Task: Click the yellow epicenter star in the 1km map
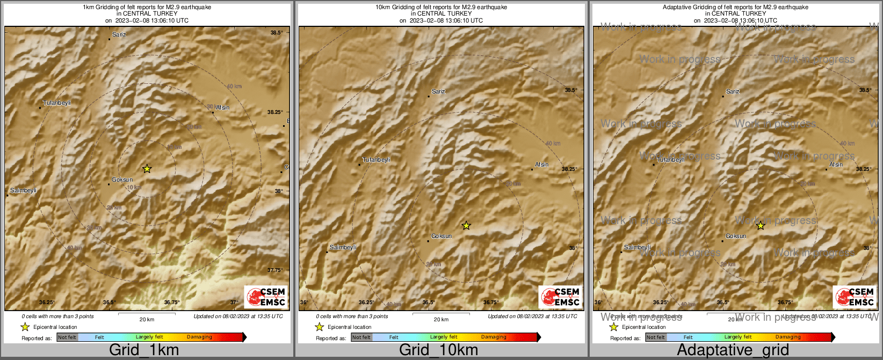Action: (x=147, y=169)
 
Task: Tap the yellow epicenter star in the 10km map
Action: (x=466, y=226)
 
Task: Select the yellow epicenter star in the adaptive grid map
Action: (x=761, y=226)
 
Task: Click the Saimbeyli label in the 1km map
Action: (x=23, y=191)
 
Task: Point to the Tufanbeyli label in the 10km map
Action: (x=377, y=160)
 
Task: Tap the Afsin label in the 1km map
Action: (x=222, y=108)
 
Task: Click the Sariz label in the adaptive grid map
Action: (x=733, y=92)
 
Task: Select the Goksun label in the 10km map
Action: (x=441, y=236)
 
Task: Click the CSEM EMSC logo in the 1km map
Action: (x=266, y=297)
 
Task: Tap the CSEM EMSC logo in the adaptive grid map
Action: (x=855, y=297)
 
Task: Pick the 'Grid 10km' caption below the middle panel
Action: (x=438, y=350)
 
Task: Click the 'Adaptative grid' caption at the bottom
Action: (x=733, y=350)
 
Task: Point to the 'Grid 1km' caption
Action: (x=144, y=350)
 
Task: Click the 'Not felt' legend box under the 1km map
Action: (x=67, y=337)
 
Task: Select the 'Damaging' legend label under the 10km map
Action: (x=494, y=337)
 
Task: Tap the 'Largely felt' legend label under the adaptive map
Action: (x=738, y=337)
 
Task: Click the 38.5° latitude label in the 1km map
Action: (x=277, y=33)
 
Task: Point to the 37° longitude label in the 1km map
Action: (x=234, y=303)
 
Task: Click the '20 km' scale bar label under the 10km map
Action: (x=441, y=320)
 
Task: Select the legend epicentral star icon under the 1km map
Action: (x=25, y=327)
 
